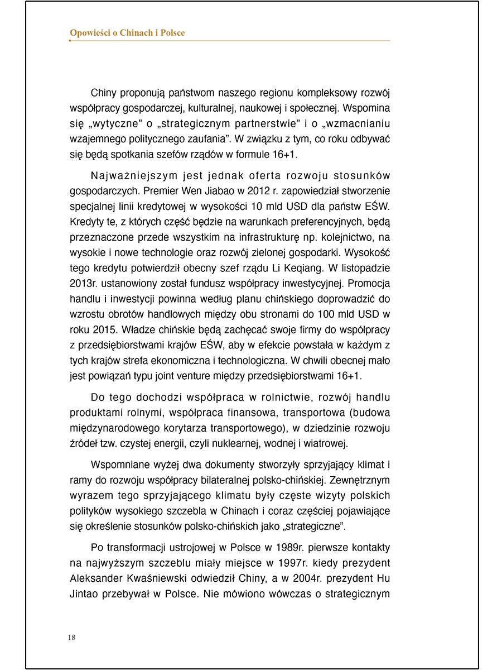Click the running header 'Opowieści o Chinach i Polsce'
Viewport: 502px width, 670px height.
[127, 33]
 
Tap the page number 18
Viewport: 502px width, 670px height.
[71, 638]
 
